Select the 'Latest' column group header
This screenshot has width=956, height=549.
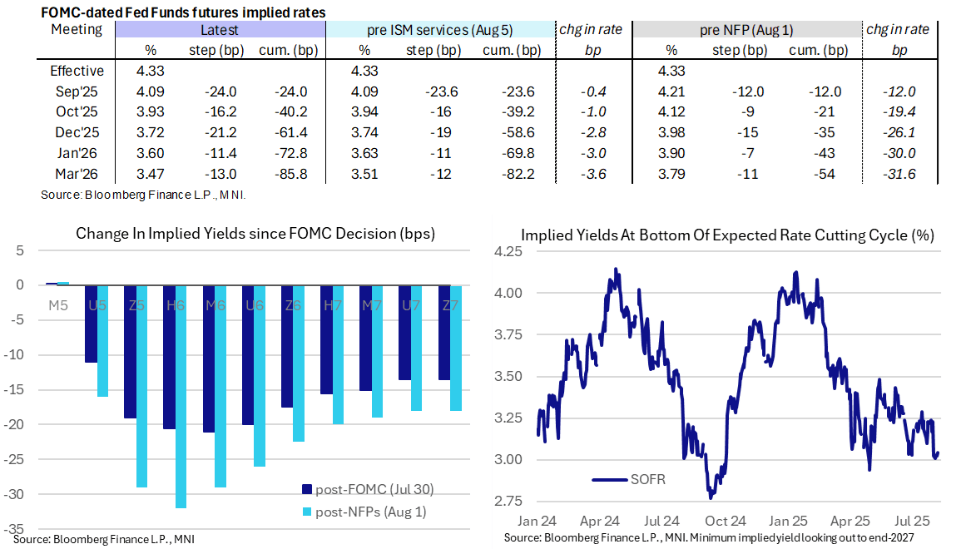click(220, 30)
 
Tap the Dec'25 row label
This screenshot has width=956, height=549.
click(77, 133)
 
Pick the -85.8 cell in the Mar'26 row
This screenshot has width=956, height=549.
click(290, 175)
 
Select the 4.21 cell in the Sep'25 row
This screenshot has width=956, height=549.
click(671, 91)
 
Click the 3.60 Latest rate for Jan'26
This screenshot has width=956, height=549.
click(151, 154)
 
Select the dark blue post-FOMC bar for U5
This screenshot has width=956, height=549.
click(91, 324)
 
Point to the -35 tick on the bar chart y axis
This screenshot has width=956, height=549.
click(17, 529)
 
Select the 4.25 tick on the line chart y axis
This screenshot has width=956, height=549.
click(507, 251)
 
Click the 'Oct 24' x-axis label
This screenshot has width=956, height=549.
click(726, 522)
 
